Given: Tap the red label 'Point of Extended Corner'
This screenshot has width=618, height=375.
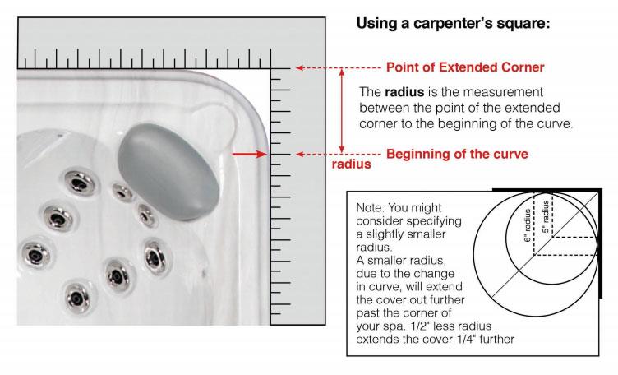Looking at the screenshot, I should point(465,67).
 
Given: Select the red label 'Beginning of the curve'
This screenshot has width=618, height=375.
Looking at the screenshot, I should point(457,154).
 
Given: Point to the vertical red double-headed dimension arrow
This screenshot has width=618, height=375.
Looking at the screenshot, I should point(343,110).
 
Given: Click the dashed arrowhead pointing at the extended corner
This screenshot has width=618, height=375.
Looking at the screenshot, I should point(301,67).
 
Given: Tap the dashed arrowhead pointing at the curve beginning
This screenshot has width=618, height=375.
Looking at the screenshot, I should point(301,154).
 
